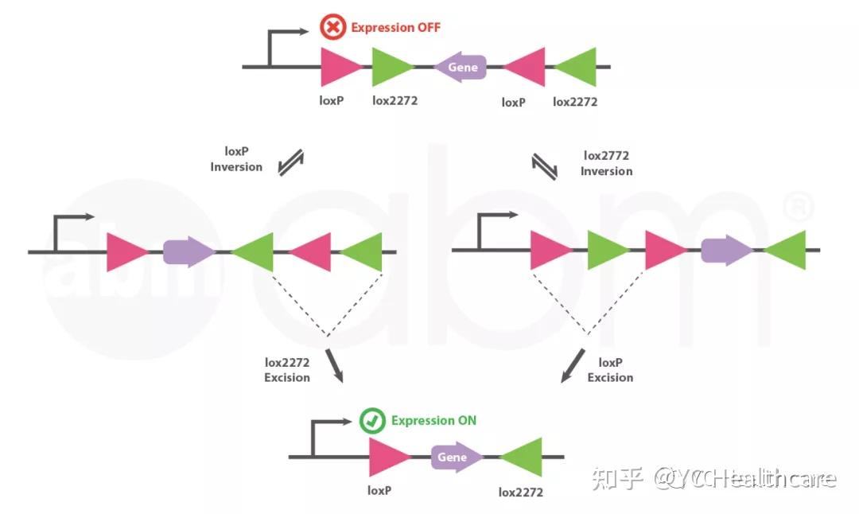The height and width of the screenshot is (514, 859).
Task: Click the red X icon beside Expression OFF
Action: [x=332, y=28]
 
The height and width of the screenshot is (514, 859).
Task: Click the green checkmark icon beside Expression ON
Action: [x=372, y=421]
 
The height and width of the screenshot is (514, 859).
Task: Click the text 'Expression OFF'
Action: [x=395, y=28]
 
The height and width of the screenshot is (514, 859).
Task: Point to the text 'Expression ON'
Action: [x=433, y=420]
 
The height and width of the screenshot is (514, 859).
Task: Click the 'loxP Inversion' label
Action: [x=236, y=159]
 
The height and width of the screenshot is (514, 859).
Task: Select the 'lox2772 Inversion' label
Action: [x=607, y=163]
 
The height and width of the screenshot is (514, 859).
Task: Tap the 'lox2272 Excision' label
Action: [x=287, y=369]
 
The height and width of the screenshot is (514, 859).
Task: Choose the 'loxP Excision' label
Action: [x=610, y=369]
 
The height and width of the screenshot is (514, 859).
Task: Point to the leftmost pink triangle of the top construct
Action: [x=340, y=67]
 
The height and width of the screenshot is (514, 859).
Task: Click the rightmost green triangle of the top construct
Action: [x=577, y=67]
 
